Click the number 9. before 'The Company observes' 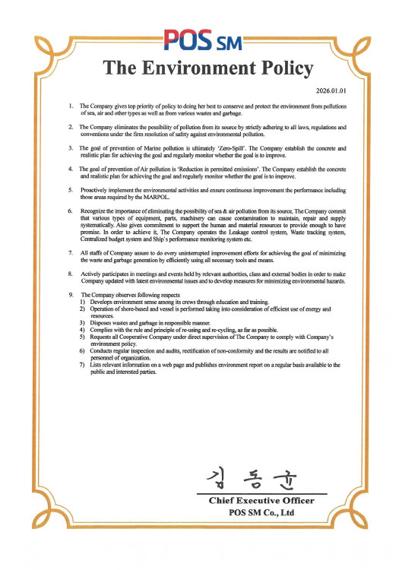tap(71, 294)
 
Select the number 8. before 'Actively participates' tap(71, 271)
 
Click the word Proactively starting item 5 tap(97, 188)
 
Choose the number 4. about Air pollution tap(71, 167)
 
